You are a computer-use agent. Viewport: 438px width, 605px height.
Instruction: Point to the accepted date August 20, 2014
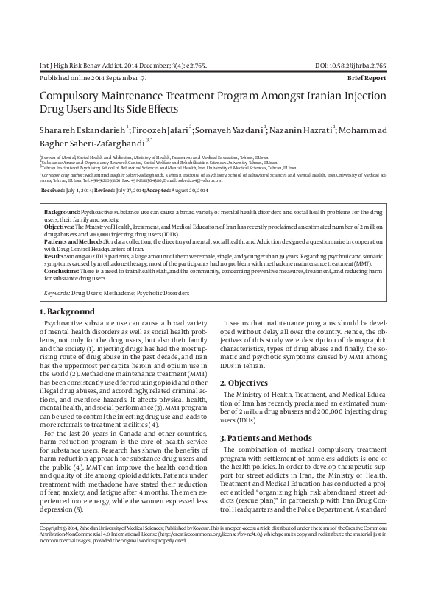(190, 190)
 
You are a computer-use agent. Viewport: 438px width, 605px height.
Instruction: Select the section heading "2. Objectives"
(247, 383)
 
